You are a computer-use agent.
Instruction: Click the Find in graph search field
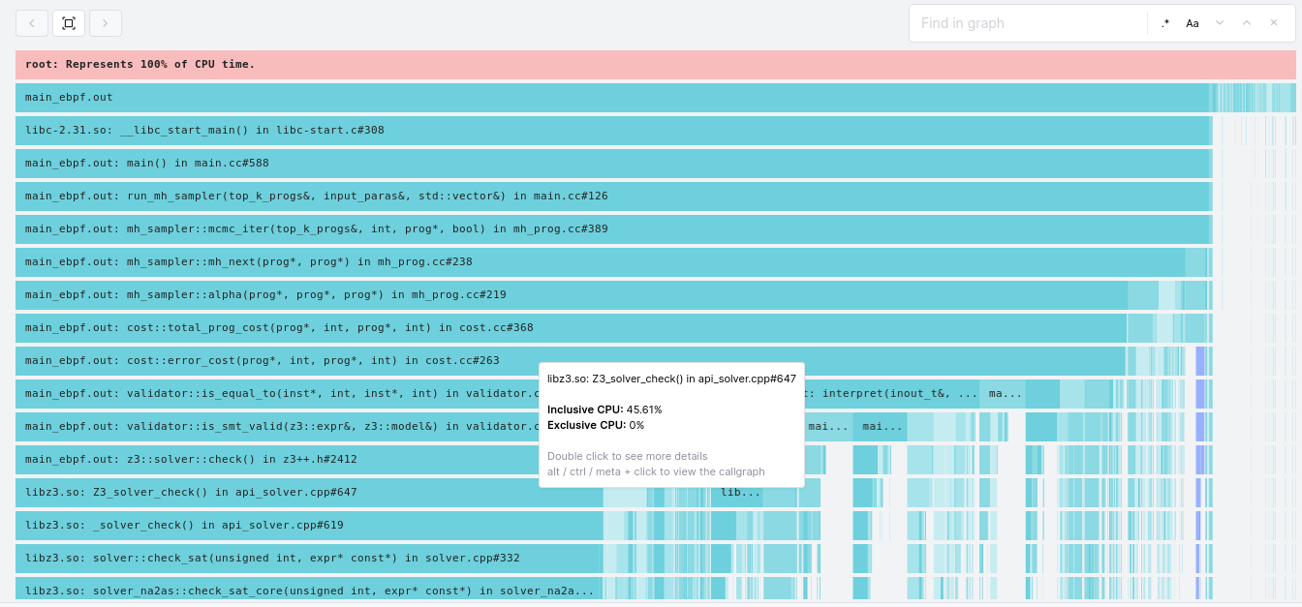[x=1027, y=23]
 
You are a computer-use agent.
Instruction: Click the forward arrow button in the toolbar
[x=106, y=23]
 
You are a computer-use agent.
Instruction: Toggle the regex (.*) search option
[x=1165, y=23]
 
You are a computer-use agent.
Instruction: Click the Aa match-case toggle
[x=1193, y=23]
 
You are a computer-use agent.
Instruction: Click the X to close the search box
[x=1274, y=23]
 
